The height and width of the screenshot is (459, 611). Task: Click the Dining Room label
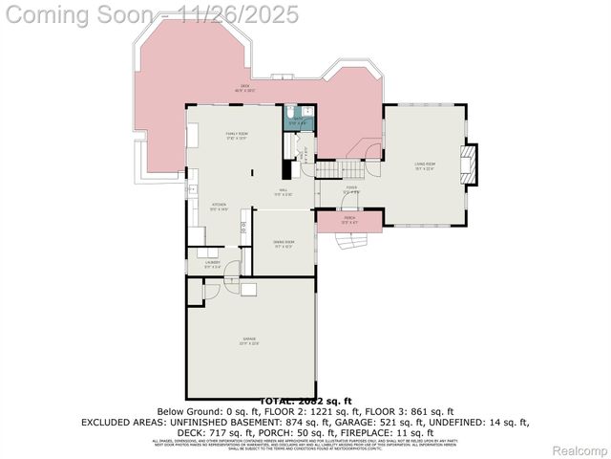pos(284,244)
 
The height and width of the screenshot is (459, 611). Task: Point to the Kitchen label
pos(219,206)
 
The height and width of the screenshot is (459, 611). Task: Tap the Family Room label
pos(237,135)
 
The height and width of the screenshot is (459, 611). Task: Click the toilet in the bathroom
pos(291,113)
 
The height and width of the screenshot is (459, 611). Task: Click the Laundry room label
pos(212,263)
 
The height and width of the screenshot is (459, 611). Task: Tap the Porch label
pos(349,220)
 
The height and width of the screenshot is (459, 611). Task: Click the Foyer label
pos(351,189)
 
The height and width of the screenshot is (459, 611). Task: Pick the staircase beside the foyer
pos(328,169)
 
